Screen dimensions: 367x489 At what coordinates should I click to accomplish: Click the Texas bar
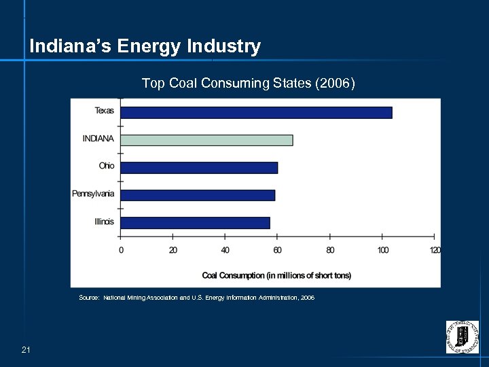[256, 112]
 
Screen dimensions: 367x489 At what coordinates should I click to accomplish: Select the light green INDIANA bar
[206, 140]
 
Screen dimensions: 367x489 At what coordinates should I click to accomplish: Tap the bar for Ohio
[199, 167]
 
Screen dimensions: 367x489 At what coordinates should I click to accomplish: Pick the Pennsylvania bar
[198, 195]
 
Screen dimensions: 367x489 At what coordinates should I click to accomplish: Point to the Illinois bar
[195, 222]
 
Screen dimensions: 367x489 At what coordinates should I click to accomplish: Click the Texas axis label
[105, 111]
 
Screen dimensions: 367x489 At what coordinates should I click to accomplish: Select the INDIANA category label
[98, 139]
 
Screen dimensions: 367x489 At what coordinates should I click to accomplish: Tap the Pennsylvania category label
[94, 194]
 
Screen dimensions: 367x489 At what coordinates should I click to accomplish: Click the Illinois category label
[105, 222]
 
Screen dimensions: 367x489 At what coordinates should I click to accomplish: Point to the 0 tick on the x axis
[121, 250]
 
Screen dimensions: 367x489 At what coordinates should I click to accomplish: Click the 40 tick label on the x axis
[225, 250]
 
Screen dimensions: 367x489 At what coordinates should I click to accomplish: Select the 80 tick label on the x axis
[330, 250]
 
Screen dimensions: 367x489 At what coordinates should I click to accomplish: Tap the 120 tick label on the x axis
[435, 250]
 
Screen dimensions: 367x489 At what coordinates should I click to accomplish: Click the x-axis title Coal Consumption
[276, 275]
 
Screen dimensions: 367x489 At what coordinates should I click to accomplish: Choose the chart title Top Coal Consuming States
[248, 83]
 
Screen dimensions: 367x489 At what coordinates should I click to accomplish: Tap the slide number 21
[26, 350]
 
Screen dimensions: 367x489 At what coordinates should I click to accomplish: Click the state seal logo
[462, 336]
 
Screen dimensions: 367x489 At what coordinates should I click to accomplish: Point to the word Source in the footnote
[88, 298]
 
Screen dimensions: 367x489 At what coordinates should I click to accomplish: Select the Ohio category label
[107, 166]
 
